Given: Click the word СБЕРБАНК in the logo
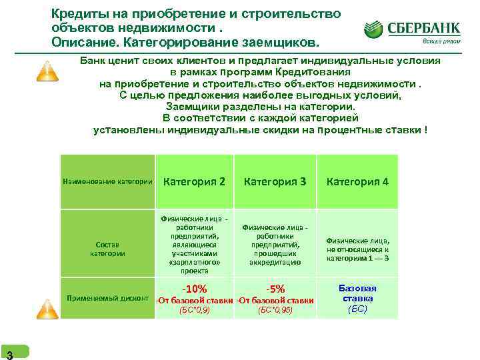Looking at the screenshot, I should (x=423, y=28).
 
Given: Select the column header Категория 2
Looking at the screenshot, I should (x=194, y=181).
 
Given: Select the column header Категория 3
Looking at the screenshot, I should (x=275, y=181).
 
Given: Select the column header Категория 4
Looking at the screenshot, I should (x=357, y=181).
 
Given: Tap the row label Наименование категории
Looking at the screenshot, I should (x=107, y=181).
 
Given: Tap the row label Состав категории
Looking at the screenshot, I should (x=107, y=249).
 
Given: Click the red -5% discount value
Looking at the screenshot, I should (x=275, y=289).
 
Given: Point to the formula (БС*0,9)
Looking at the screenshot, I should (x=194, y=310).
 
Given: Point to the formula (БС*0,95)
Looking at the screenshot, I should (x=275, y=310).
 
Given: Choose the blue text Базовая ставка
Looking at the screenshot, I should (x=357, y=293).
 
